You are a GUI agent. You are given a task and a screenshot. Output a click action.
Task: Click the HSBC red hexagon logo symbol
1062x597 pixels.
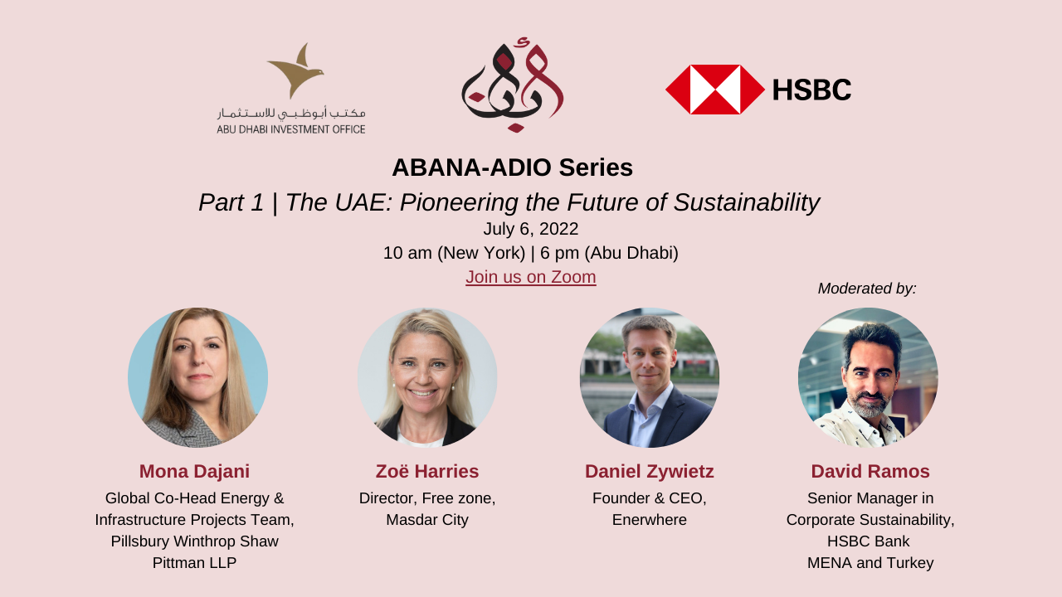[715, 90]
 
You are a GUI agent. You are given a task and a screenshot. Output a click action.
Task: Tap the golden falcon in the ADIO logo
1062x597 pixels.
[296, 71]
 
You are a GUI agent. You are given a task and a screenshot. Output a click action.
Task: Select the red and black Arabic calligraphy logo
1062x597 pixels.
[513, 85]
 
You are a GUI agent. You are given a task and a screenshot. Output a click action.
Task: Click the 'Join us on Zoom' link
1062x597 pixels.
[530, 277]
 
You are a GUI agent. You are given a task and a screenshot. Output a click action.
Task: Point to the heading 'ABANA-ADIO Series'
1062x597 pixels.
[512, 167]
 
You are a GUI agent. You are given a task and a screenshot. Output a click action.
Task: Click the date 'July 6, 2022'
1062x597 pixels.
[530, 229]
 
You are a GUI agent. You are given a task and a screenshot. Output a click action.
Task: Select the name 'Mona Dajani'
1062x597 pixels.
[194, 472]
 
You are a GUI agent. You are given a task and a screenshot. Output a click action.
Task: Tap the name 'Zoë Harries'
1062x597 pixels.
[427, 472]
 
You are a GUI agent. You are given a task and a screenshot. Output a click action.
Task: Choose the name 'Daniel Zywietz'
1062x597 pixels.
[649, 472]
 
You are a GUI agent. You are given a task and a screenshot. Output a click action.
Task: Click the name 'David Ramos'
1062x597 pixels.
[870, 472]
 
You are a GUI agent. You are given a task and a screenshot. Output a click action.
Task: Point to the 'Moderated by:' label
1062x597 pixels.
[867, 289]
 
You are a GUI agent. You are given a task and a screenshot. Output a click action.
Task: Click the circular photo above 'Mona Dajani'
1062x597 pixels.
[197, 377]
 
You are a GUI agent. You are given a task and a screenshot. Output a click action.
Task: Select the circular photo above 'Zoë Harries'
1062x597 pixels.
[427, 377]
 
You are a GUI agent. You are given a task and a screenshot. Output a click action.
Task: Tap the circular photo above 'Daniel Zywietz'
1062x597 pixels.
[650, 377]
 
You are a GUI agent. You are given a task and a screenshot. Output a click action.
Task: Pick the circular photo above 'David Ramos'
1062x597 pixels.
[868, 377]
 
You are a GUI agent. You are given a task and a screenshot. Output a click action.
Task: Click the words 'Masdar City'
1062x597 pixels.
[427, 520]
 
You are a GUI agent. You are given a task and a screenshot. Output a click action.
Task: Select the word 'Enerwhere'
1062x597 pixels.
[649, 520]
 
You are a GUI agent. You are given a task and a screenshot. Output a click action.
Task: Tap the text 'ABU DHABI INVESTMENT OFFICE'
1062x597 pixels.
[291, 129]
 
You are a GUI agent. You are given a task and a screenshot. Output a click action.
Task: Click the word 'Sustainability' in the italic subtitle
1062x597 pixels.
[747, 202]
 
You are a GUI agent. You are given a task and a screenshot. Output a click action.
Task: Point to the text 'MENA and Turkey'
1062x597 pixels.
[870, 563]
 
